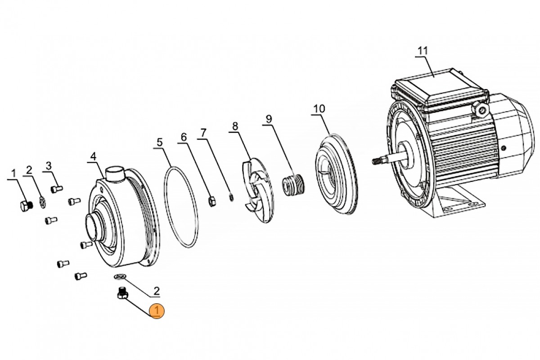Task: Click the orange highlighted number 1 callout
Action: pos(157,310)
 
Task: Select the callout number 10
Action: pos(319,109)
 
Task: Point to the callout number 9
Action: pos(269,119)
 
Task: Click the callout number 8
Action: pos(234,126)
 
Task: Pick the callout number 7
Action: pos(203,133)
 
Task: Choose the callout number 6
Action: pos(183,136)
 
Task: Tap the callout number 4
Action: pos(93,156)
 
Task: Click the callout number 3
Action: pos(49,165)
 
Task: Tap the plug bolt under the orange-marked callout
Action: pos(121,293)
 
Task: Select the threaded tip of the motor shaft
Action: pos(378,160)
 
